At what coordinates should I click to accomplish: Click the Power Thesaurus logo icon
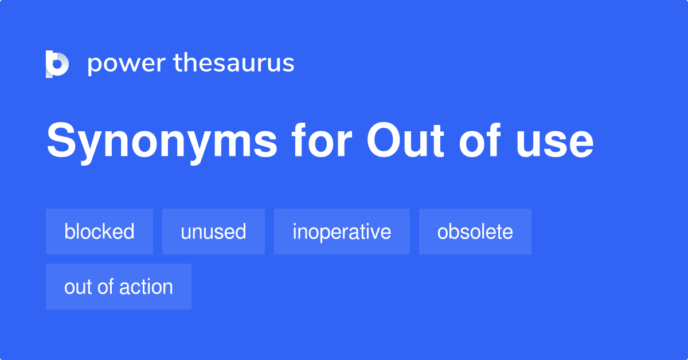tap(57, 64)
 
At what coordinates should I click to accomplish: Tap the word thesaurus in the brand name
tap(234, 63)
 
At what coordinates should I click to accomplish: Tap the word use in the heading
tap(554, 143)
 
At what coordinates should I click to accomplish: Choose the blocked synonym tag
tap(99, 232)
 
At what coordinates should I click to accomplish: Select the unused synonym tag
tap(213, 232)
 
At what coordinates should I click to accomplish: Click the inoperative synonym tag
tap(342, 232)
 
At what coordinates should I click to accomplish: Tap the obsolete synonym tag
tap(475, 232)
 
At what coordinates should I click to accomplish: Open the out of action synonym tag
tap(119, 287)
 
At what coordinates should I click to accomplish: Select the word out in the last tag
tap(76, 287)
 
